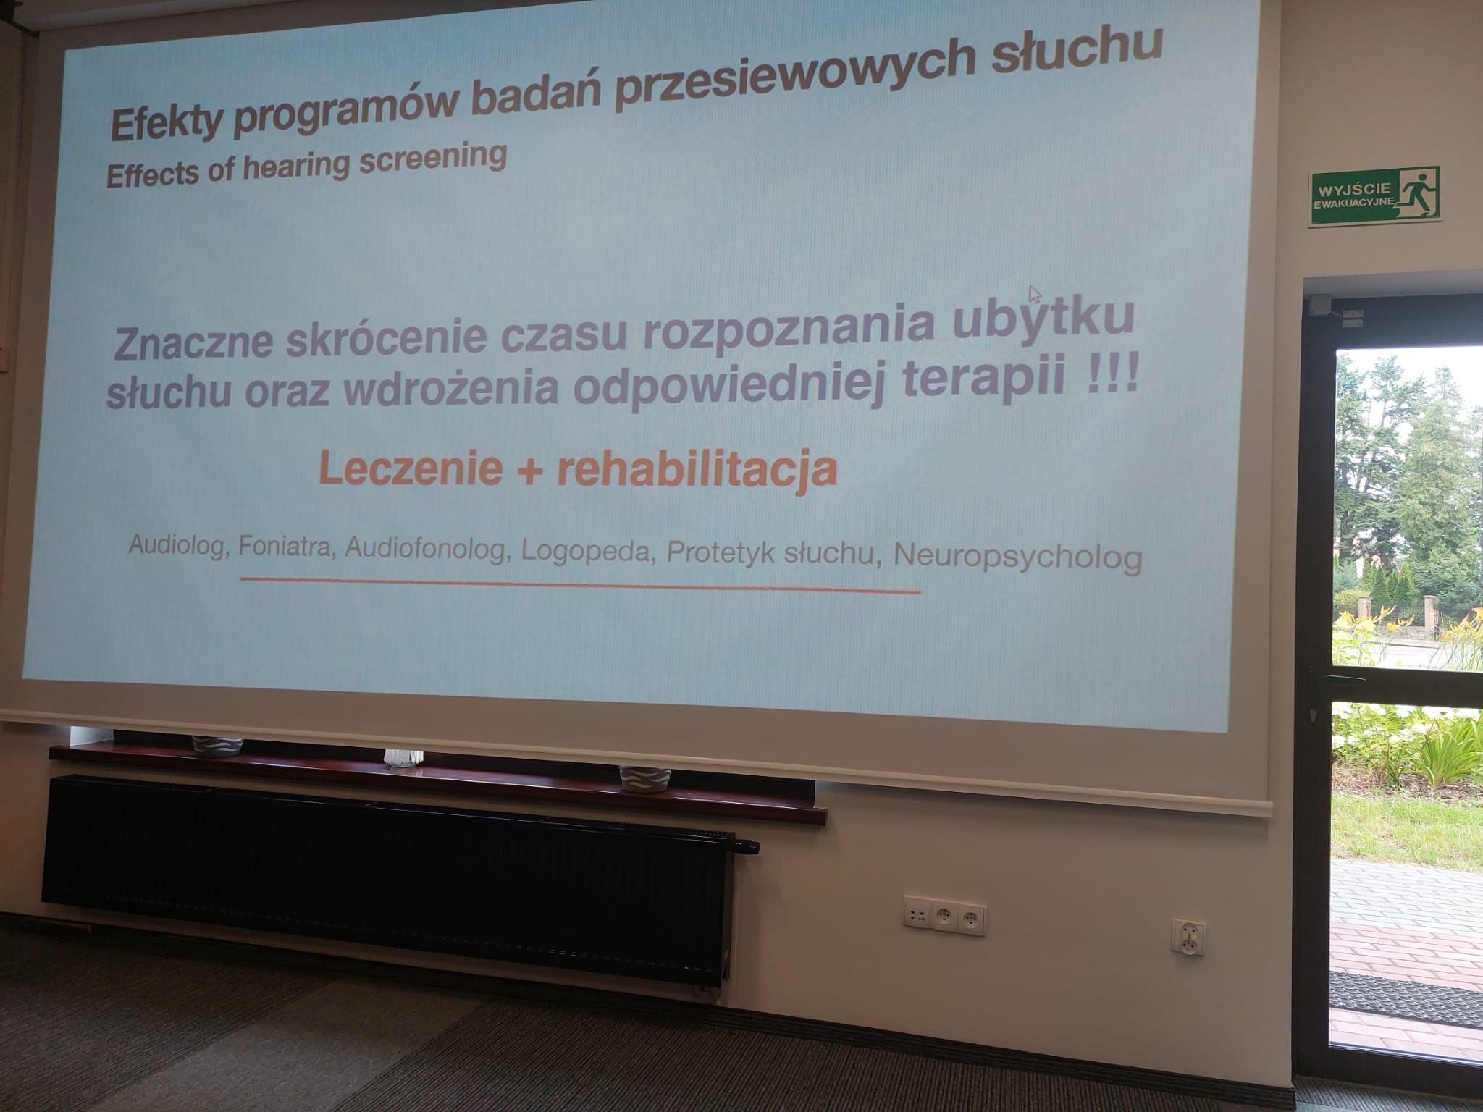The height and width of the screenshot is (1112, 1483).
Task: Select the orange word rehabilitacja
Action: tap(697, 469)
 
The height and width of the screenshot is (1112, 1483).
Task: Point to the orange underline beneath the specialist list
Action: tap(580, 584)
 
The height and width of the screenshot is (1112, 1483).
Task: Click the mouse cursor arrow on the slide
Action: tap(1035, 293)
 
